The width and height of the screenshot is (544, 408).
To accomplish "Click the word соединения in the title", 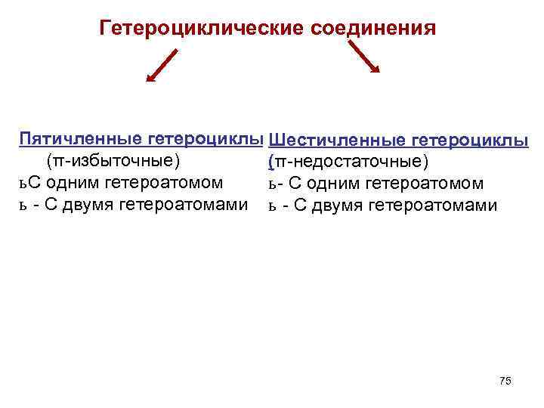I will (372, 29).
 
